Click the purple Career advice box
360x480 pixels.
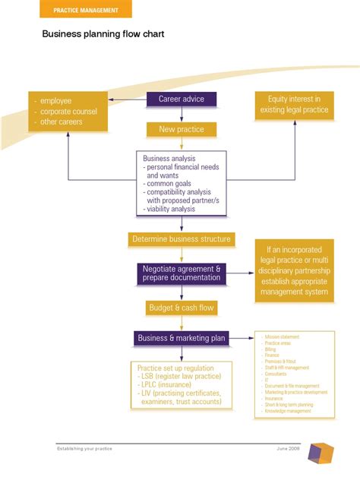click(x=181, y=99)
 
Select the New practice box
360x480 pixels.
click(x=181, y=129)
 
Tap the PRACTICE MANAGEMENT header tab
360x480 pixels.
click(x=86, y=10)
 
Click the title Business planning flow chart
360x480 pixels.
click(x=103, y=34)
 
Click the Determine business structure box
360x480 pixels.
click(x=181, y=239)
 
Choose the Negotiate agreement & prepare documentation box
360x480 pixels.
click(x=181, y=273)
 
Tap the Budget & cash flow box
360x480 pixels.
click(x=181, y=308)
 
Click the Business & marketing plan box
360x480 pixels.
click(x=181, y=338)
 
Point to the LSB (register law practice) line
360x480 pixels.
click(x=180, y=376)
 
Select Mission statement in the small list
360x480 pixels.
click(x=282, y=336)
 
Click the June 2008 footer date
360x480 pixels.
click(x=289, y=449)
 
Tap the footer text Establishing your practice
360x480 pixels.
click(x=84, y=449)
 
